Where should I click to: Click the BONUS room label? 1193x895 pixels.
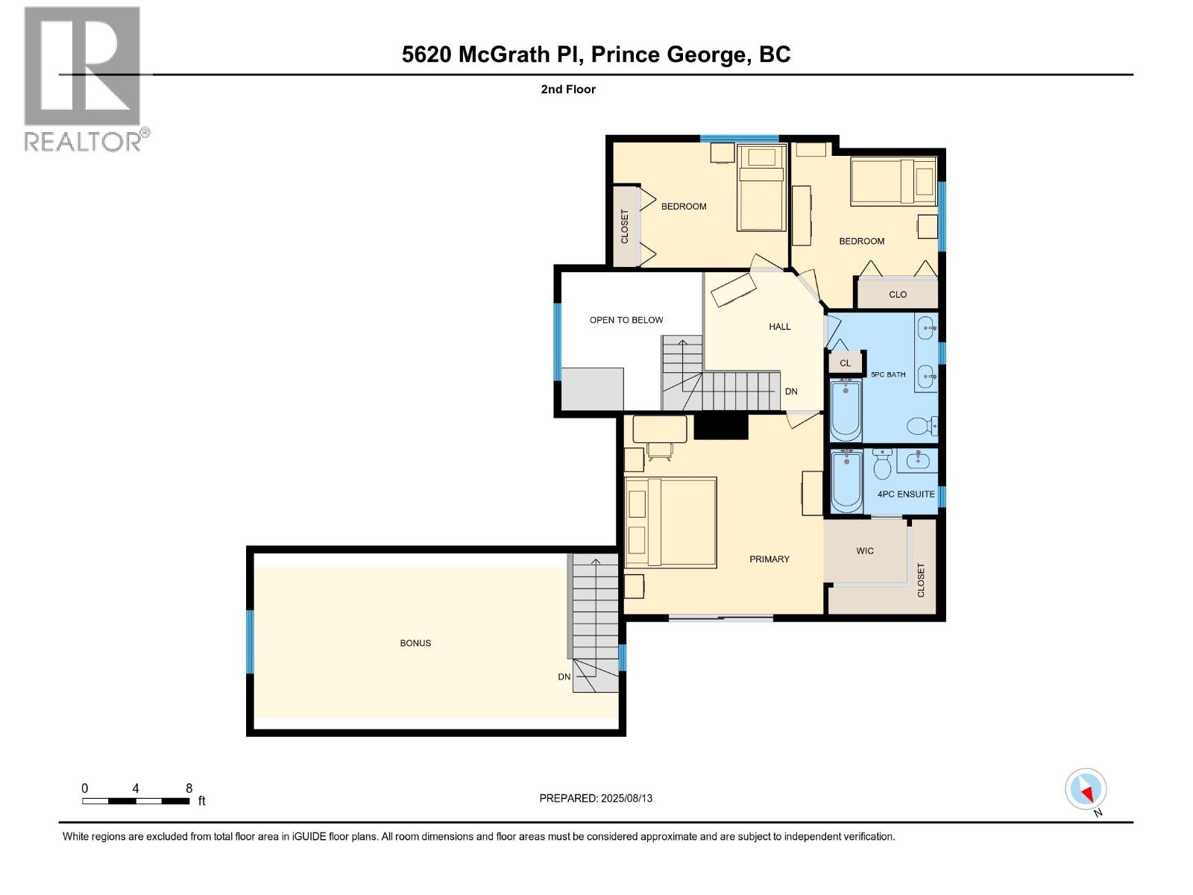pyautogui.click(x=415, y=643)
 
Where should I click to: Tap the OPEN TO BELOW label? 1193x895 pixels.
pyautogui.click(x=626, y=320)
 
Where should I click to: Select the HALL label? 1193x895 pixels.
pyautogui.click(x=780, y=327)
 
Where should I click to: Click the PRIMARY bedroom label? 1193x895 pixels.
pyautogui.click(x=769, y=559)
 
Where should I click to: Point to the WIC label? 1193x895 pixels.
pyautogui.click(x=865, y=551)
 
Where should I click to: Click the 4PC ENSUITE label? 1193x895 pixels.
pyautogui.click(x=906, y=494)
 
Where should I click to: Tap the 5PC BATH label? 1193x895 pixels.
pyautogui.click(x=888, y=374)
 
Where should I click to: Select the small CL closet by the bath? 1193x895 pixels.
pyautogui.click(x=845, y=363)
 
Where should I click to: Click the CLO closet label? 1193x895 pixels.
pyautogui.click(x=898, y=295)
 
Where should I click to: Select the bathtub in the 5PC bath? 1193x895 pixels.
pyautogui.click(x=846, y=410)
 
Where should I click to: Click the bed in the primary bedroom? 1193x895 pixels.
pyautogui.click(x=671, y=522)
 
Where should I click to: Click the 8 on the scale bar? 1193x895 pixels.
pyautogui.click(x=189, y=788)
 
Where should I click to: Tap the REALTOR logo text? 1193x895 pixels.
pyautogui.click(x=84, y=141)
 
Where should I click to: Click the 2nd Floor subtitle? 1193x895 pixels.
pyautogui.click(x=568, y=89)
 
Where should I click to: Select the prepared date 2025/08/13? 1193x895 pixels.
pyautogui.click(x=596, y=798)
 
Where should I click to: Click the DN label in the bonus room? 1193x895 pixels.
pyautogui.click(x=564, y=677)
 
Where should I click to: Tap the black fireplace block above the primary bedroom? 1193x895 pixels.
pyautogui.click(x=720, y=427)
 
